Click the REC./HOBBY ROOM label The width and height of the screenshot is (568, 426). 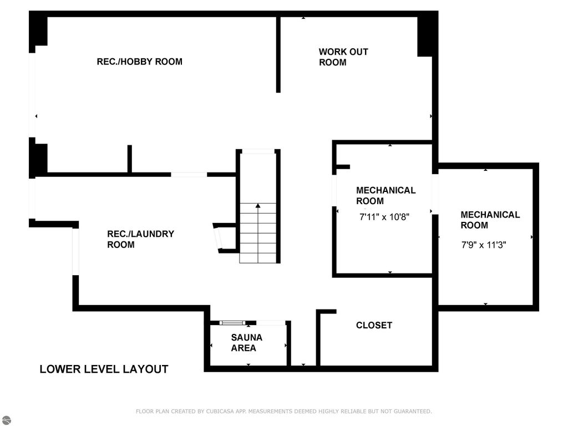click(139, 62)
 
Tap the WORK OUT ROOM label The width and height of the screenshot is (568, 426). click(343, 57)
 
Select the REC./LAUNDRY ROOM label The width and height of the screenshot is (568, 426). click(140, 239)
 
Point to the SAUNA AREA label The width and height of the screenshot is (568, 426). click(246, 343)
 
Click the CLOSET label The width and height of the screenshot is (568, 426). click(374, 326)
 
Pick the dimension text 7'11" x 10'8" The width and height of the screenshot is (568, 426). click(385, 217)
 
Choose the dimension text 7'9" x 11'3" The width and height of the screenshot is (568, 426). click(484, 244)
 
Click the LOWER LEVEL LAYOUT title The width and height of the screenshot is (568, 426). click(104, 369)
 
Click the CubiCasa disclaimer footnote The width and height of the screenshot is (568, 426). click(283, 412)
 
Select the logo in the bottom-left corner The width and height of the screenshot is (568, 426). click(6, 420)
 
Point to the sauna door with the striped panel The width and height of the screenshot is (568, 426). click(232, 322)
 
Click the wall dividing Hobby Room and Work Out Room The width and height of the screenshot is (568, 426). click(278, 54)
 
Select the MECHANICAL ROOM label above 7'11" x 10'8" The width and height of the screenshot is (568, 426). click(386, 195)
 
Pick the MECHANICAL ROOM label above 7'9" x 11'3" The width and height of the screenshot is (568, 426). click(490, 220)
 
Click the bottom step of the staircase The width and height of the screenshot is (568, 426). click(258, 257)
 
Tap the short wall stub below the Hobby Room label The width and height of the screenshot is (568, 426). click(130, 159)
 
